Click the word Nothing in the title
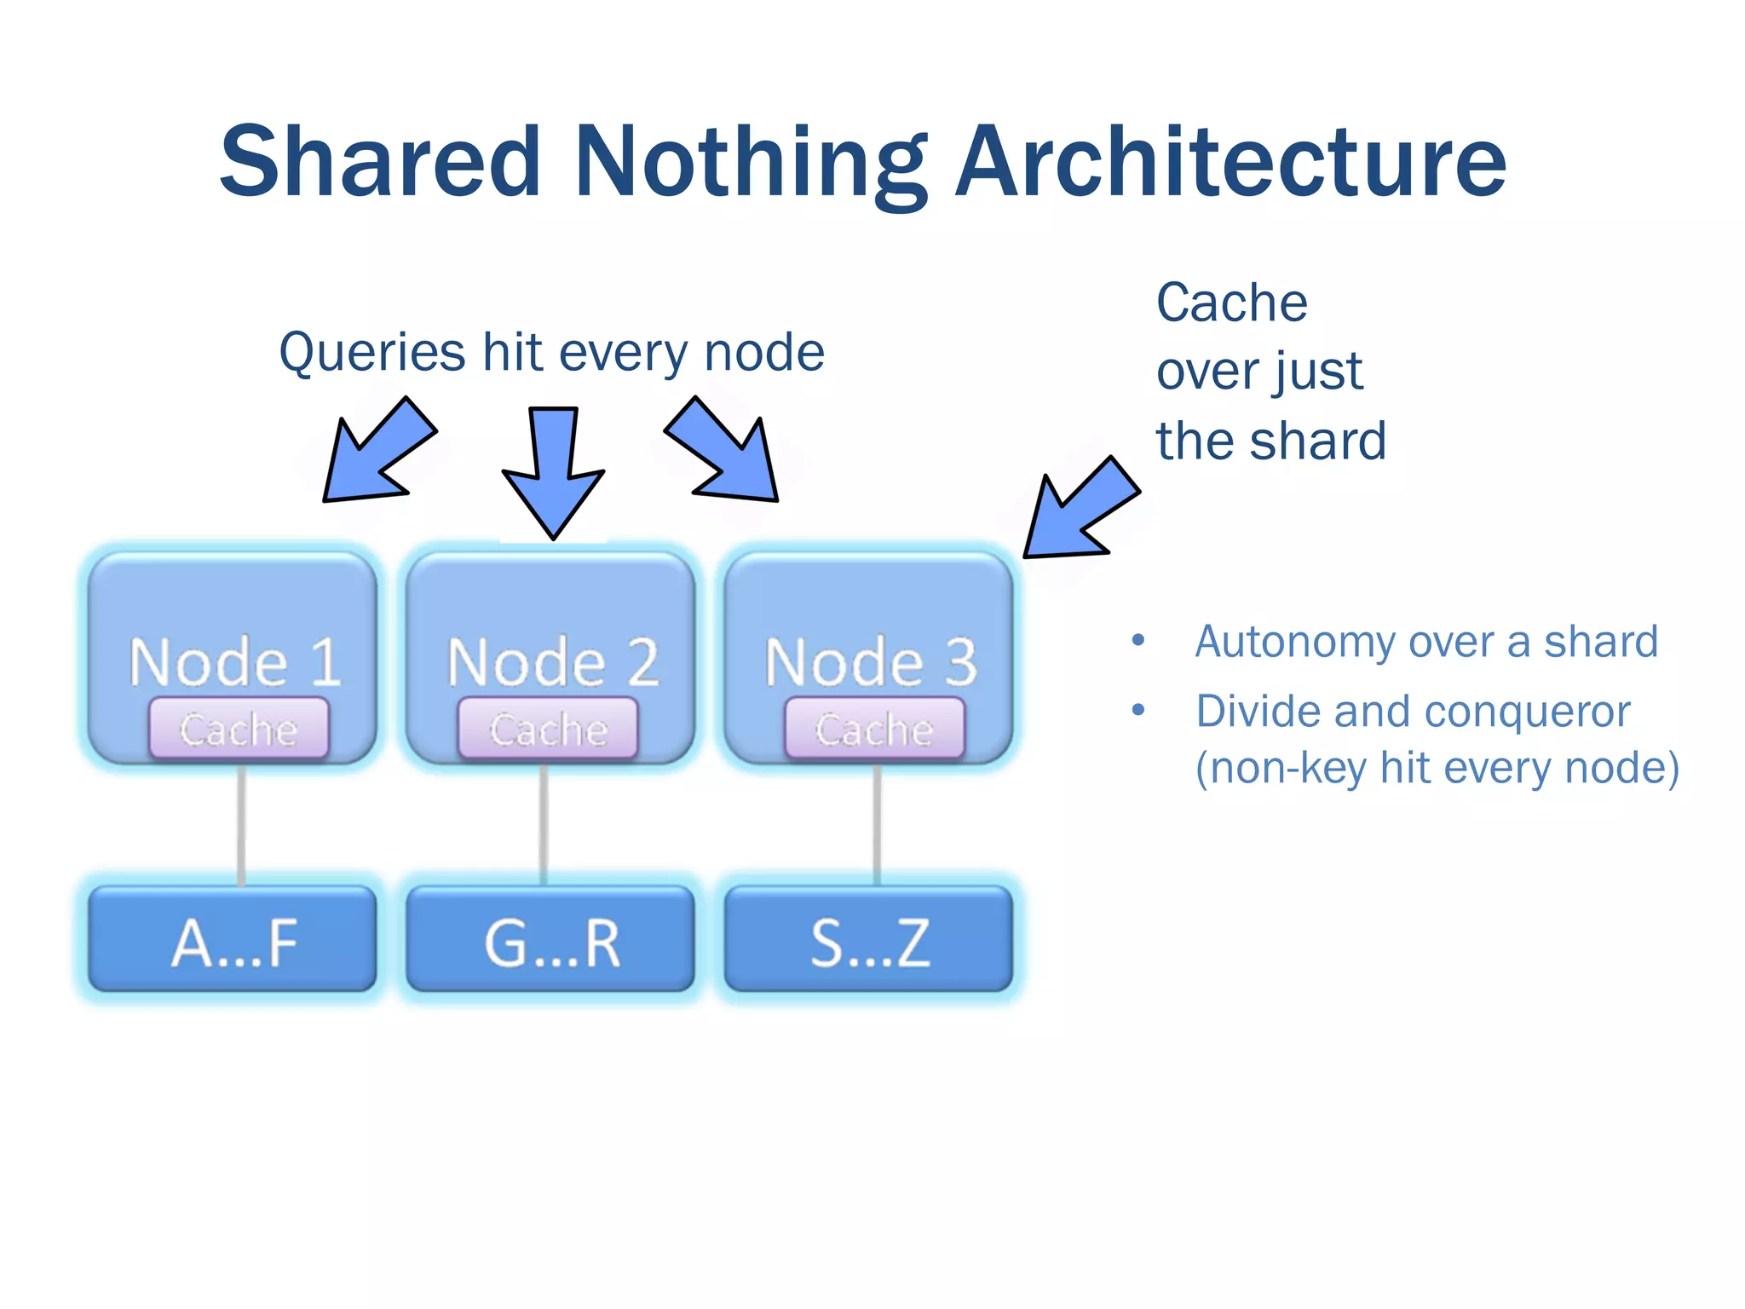(751, 162)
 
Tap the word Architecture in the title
(1230, 162)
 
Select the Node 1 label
(235, 662)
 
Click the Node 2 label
(553, 662)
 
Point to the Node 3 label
(871, 662)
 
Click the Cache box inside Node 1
(239, 729)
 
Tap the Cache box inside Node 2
(548, 729)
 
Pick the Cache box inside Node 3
(874, 729)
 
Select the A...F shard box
(233, 940)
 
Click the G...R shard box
(550, 940)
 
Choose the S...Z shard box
(869, 940)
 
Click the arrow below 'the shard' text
(1078, 511)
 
